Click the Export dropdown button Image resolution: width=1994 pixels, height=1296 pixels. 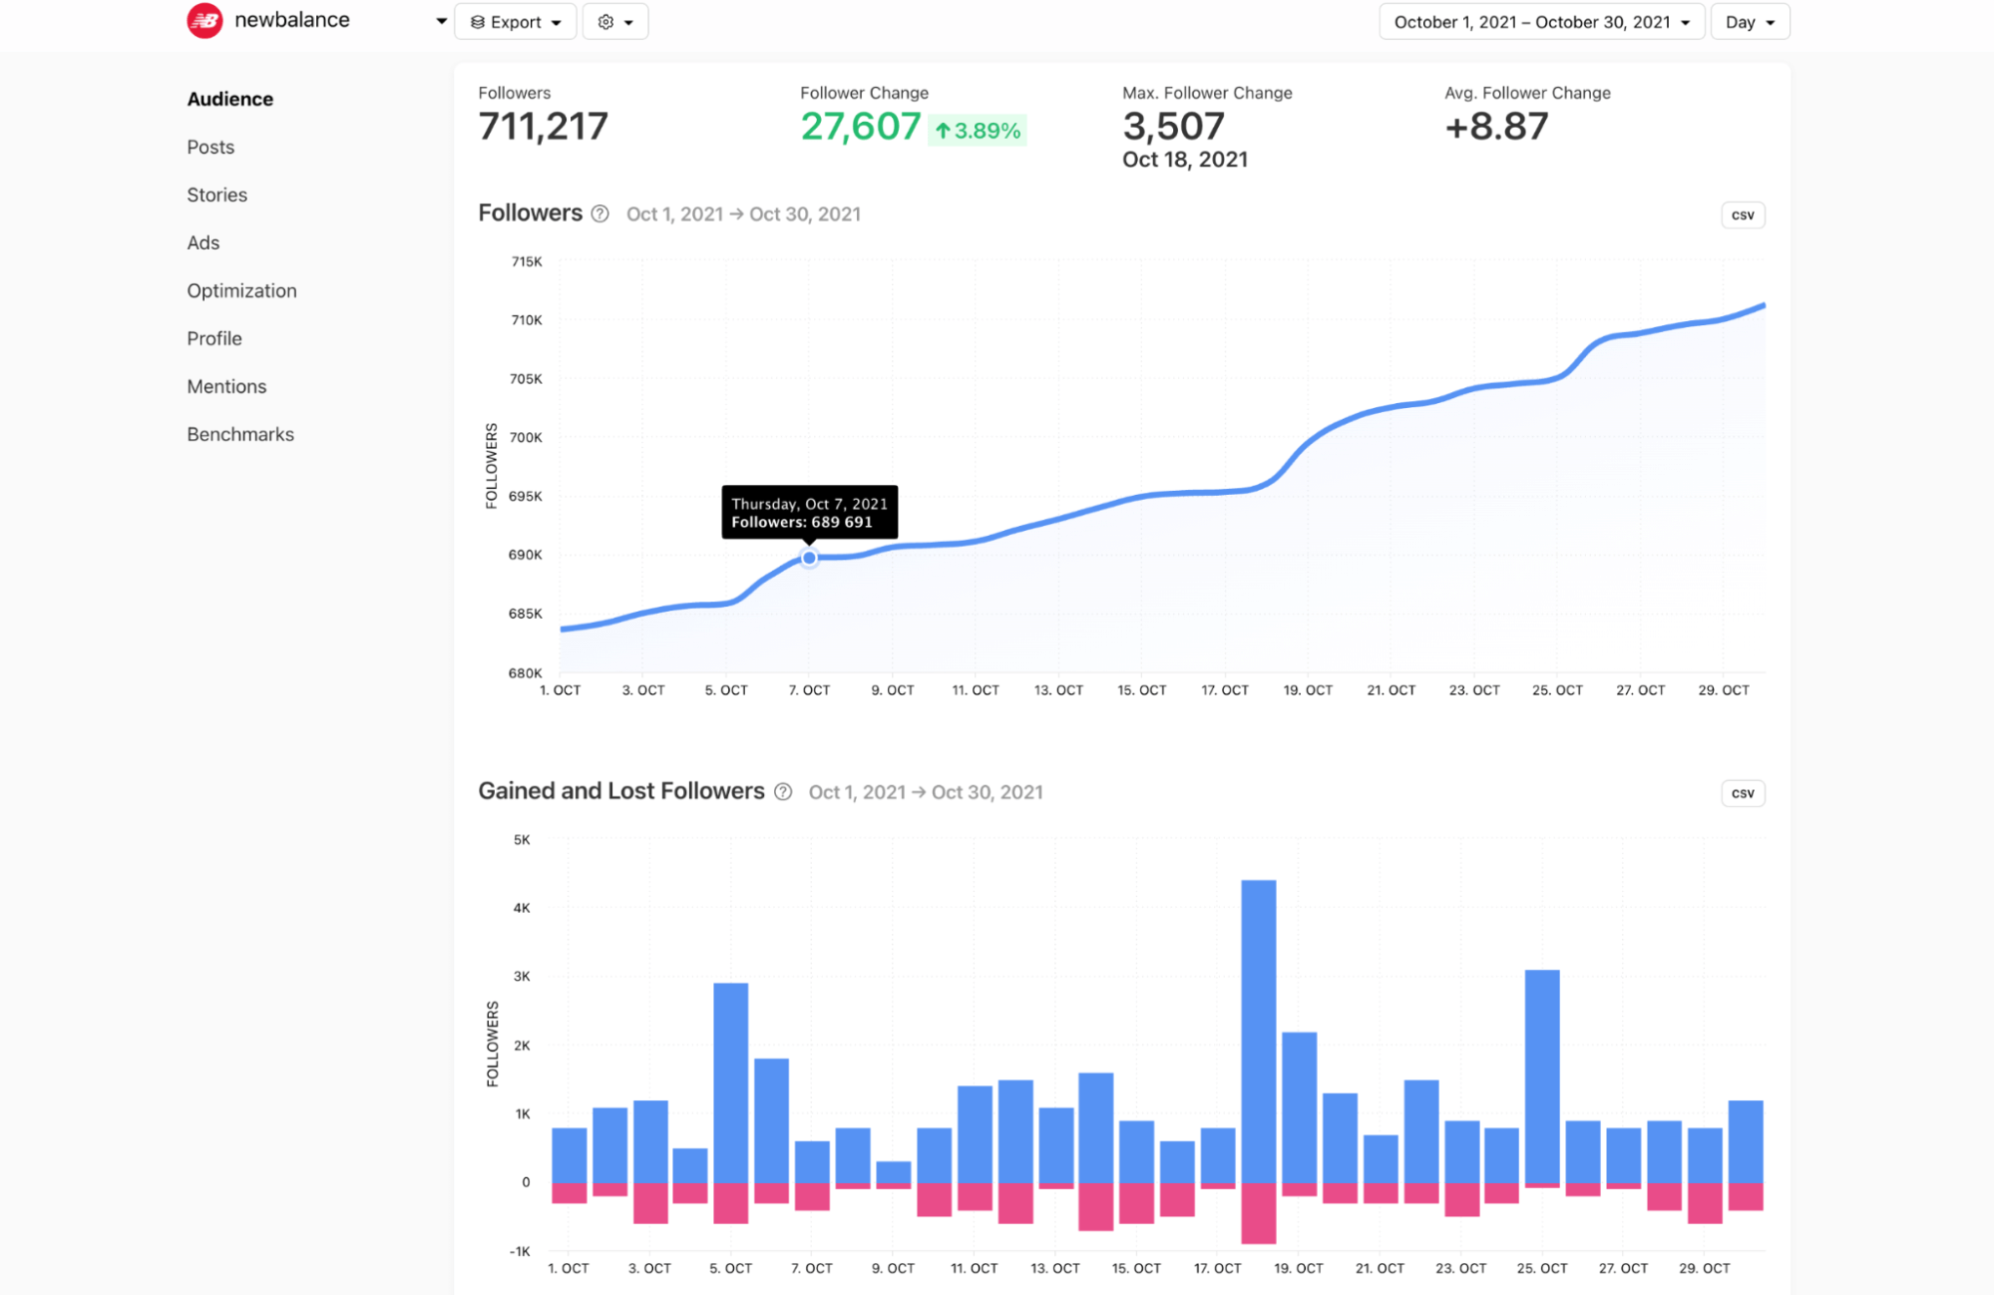point(515,22)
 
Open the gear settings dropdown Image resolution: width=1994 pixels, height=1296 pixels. point(614,22)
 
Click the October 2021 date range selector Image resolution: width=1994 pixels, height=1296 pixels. point(1541,22)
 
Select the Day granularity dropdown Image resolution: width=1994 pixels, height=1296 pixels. point(1750,22)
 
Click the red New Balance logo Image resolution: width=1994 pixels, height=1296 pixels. point(205,20)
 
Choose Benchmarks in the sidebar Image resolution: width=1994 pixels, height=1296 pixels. point(240,434)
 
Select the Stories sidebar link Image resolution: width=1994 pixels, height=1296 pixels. point(216,195)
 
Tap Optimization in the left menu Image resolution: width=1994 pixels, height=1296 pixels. point(241,290)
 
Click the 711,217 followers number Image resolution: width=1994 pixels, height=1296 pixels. point(543,127)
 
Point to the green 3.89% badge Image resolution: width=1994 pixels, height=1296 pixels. point(978,131)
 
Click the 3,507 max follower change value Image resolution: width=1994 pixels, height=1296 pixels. point(1173,127)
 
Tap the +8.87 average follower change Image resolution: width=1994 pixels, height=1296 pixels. point(1496,127)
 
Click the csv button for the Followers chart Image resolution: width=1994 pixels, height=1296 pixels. point(1743,216)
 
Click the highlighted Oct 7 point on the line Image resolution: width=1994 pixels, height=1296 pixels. point(809,558)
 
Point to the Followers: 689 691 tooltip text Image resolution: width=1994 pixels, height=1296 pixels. point(802,522)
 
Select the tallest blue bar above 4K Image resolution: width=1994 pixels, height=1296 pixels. point(1259,1028)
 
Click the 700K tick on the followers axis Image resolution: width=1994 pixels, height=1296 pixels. point(526,437)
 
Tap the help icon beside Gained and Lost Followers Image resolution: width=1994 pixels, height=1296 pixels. point(783,792)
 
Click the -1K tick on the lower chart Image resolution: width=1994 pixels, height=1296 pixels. point(520,1251)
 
